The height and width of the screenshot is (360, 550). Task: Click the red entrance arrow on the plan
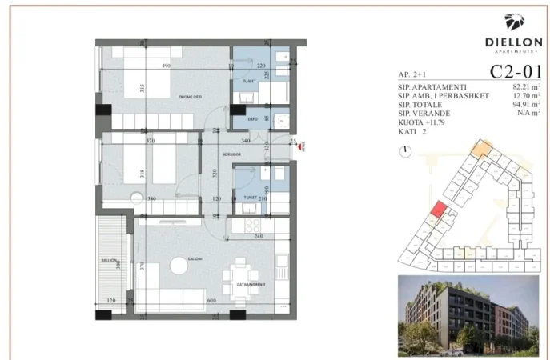click(x=303, y=145)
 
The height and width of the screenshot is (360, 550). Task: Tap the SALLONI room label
click(x=195, y=259)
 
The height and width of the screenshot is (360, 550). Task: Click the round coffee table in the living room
click(x=176, y=267)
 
